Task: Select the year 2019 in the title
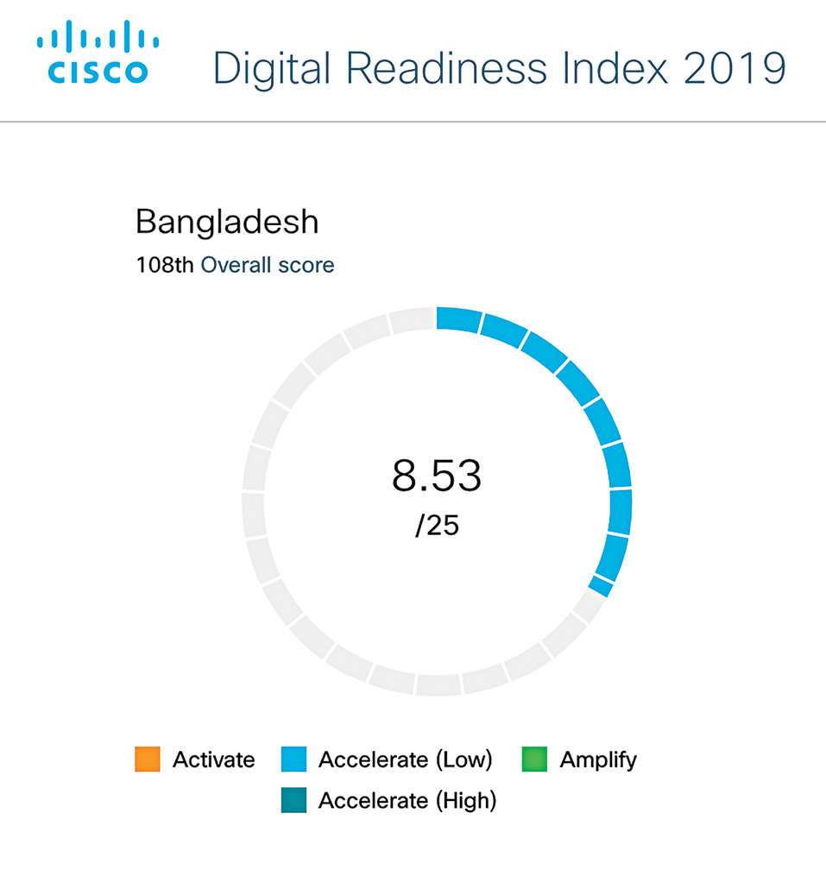735,68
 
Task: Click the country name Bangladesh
227,222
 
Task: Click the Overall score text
268,265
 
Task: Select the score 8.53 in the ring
437,476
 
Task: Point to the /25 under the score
437,526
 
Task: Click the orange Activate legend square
148,759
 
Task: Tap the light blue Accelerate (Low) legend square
294,759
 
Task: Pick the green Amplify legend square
534,759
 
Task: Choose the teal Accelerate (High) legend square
294,801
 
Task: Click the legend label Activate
213,759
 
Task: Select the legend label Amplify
598,759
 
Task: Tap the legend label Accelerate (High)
407,801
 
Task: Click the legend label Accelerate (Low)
405,759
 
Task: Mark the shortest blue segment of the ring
602,587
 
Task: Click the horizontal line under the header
413,122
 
